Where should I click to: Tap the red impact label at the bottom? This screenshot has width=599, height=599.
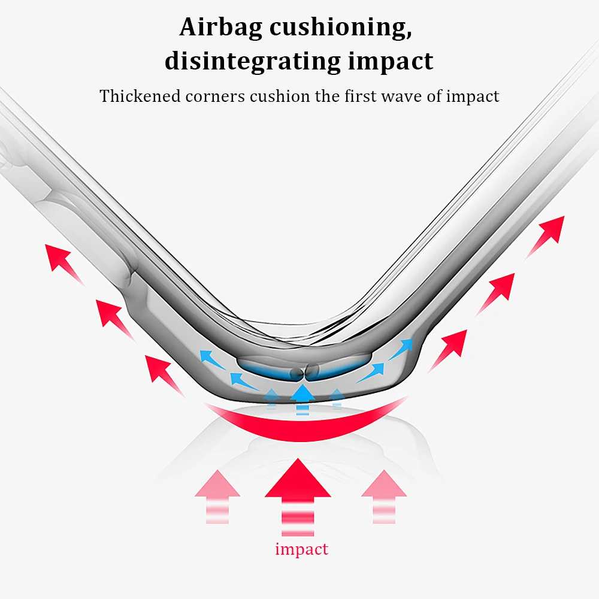pos(301,549)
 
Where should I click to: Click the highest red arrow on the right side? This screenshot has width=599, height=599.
pos(547,233)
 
